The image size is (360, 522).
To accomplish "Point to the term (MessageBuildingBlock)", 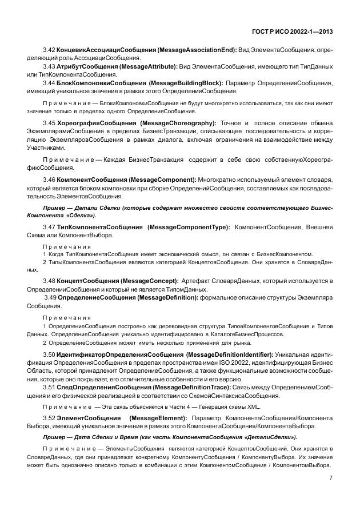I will [186, 83].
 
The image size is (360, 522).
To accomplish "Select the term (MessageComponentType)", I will [189, 227].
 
